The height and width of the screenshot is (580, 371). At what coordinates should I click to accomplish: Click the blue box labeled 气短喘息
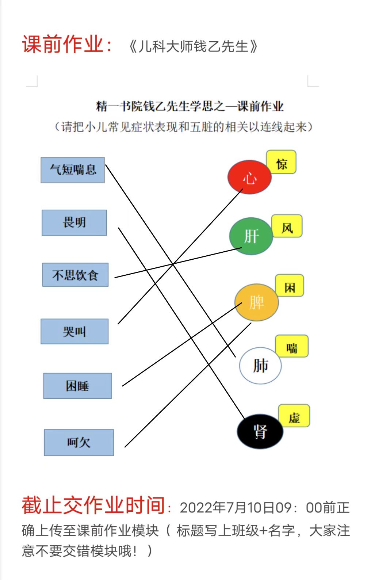click(x=73, y=170)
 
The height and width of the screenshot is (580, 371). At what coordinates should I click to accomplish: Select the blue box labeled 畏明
click(x=74, y=223)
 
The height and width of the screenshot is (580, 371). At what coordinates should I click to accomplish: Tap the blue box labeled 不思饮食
click(x=75, y=275)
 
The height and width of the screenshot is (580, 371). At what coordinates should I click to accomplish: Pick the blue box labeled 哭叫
click(x=74, y=331)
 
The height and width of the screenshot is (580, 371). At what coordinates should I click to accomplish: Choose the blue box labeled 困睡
click(x=77, y=386)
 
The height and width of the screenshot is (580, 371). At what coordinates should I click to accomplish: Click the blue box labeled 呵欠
click(x=79, y=443)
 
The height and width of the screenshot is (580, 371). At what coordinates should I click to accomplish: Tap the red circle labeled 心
click(x=249, y=177)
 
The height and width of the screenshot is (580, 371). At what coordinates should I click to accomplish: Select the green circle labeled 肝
click(x=251, y=236)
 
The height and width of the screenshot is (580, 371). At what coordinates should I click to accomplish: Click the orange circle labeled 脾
click(x=257, y=302)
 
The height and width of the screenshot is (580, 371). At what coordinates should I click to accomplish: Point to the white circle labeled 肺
click(x=260, y=366)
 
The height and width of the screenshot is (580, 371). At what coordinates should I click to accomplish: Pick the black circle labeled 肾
click(x=260, y=431)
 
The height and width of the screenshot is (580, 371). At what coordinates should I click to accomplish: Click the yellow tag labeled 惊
click(x=282, y=162)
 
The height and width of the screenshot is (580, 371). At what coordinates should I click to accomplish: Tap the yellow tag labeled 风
click(x=287, y=226)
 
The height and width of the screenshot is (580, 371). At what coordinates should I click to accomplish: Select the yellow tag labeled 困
click(x=290, y=285)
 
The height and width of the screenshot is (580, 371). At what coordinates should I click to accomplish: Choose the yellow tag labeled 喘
click(x=292, y=346)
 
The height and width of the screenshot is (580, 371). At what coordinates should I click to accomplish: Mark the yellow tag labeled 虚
click(x=294, y=416)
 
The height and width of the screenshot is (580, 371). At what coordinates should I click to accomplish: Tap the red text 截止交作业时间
click(x=93, y=505)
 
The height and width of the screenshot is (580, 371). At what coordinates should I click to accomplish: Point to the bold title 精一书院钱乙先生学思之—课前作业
click(x=190, y=106)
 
